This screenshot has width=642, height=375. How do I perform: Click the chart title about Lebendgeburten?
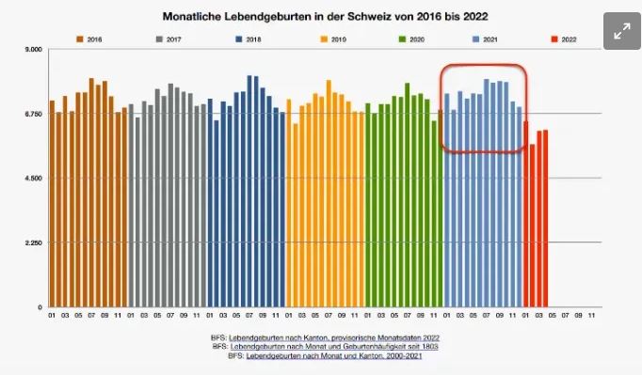(325, 17)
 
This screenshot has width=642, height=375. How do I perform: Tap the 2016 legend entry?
(88, 39)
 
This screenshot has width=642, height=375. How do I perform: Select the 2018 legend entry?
(249, 39)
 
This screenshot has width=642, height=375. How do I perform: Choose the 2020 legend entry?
(411, 39)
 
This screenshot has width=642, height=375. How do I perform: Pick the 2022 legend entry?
(564, 39)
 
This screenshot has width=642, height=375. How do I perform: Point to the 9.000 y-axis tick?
(34, 50)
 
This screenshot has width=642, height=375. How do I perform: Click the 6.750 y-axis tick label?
(34, 114)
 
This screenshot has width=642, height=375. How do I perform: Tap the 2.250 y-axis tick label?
(34, 242)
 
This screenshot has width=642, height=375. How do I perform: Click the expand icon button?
(622, 31)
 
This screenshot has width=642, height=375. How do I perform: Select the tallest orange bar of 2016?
(91, 193)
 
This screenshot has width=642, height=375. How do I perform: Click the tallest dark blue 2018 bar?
(249, 191)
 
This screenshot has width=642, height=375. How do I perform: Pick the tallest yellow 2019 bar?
(329, 194)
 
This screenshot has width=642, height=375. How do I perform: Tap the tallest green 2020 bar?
(408, 195)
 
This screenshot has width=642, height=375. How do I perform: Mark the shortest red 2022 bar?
(532, 226)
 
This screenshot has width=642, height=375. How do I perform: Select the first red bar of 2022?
(525, 214)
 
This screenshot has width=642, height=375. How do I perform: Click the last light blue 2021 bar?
(520, 207)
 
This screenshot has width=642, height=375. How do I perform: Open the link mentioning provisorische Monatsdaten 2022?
(334, 337)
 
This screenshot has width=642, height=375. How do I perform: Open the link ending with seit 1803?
(334, 347)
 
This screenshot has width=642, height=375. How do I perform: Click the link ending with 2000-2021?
(334, 356)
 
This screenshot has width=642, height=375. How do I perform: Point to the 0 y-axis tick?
(40, 307)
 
